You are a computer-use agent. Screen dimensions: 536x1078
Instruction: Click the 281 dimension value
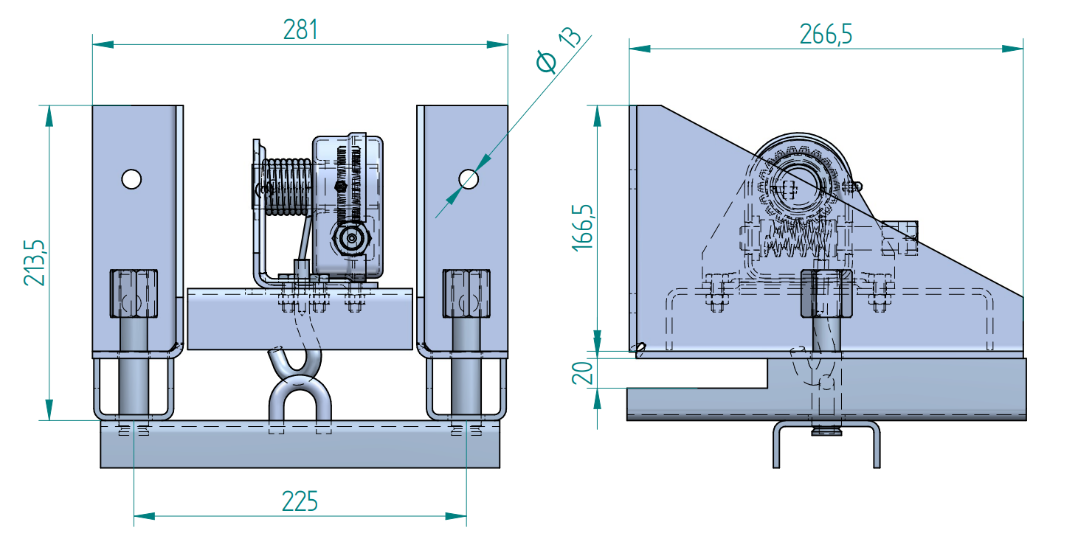pos(300,30)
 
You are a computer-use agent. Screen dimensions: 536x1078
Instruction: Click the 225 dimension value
pos(300,501)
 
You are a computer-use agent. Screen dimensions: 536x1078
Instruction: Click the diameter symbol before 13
pos(547,63)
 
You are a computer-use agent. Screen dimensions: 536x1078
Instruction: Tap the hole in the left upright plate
pos(131,178)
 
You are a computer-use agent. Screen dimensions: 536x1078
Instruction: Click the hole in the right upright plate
pos(468,178)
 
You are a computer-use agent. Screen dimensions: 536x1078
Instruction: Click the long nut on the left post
pos(134,293)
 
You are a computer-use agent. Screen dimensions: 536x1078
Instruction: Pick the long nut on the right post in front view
pos(466,293)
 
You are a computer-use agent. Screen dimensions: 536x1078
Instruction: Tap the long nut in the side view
pos(826,293)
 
